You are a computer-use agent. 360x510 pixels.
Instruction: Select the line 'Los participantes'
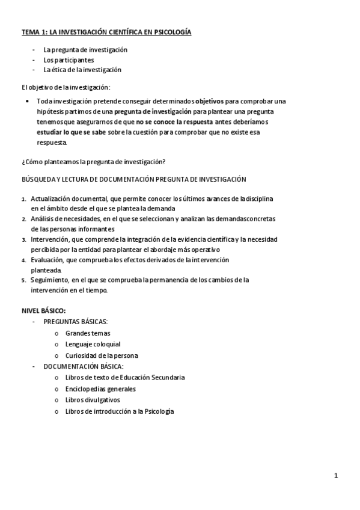(69, 60)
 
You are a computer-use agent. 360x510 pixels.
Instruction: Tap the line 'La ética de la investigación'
(82, 69)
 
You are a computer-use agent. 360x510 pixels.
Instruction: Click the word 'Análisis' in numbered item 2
(43, 219)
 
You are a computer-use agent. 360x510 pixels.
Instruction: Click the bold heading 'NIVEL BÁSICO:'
(43, 310)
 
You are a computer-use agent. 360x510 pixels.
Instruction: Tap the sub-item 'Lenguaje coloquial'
(93, 344)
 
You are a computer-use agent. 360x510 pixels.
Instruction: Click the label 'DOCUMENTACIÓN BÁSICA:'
(83, 366)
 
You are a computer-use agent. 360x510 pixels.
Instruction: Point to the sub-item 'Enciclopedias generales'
(100, 389)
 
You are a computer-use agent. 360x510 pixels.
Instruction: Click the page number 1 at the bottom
(336, 476)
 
